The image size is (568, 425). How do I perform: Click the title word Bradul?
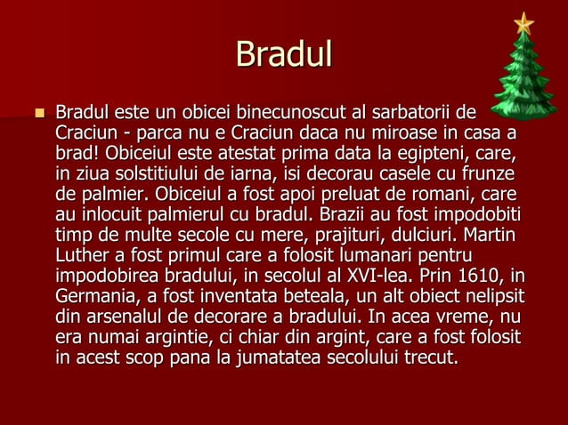(284, 55)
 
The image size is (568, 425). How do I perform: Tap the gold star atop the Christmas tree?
(523, 22)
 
